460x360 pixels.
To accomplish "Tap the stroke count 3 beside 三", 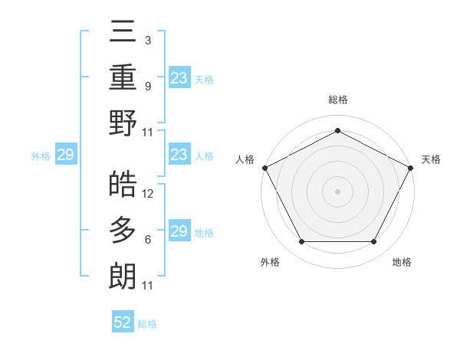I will (x=147, y=40).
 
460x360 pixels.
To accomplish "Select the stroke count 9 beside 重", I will (x=147, y=86).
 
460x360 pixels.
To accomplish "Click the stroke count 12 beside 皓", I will (x=149, y=194).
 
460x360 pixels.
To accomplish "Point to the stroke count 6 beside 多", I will (x=147, y=240).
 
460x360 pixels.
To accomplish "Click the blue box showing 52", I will (x=123, y=322).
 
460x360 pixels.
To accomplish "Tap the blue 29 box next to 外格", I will (x=65, y=155).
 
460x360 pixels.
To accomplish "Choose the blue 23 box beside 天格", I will (x=179, y=77).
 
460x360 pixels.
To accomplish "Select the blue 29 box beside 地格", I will (x=179, y=231).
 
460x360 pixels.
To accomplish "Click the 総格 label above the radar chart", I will (x=337, y=100).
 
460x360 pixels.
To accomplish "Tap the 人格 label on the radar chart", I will (x=245, y=159).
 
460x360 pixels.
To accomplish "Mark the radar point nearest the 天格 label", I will (x=412, y=166).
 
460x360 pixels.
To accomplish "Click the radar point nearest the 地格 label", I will (x=374, y=242).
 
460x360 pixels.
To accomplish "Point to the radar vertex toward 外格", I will (x=301, y=242).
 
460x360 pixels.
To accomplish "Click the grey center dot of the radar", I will (x=337, y=191).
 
